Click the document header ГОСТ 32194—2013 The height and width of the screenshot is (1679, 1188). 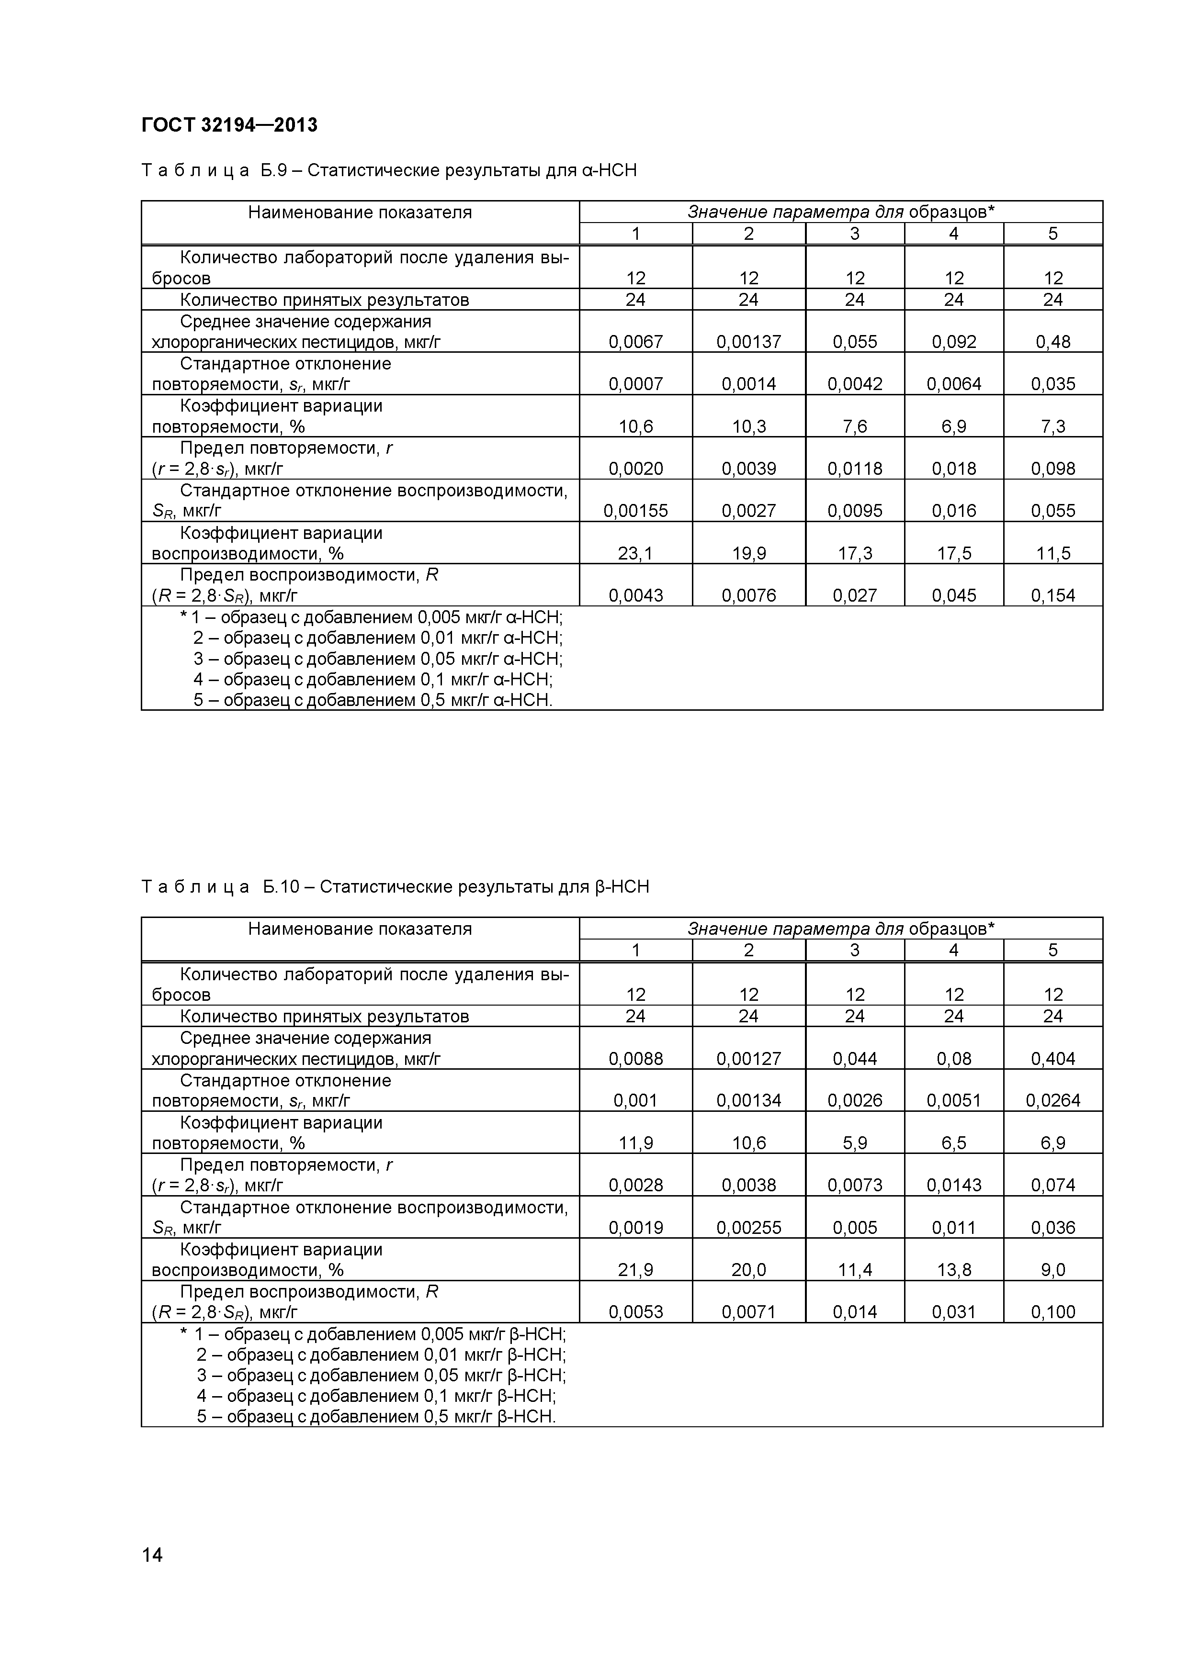[x=229, y=125]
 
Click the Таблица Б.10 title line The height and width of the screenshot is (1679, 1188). [x=395, y=887]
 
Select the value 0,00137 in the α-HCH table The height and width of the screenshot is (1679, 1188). [x=748, y=342]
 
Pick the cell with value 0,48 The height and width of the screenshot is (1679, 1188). [x=1052, y=342]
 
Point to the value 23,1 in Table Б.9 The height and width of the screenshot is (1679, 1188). [x=635, y=554]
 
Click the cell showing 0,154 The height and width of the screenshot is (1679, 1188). [x=1052, y=595]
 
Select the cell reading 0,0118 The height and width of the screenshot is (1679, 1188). [x=854, y=468]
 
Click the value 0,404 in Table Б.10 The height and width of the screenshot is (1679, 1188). [x=1052, y=1058]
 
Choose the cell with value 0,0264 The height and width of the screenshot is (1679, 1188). [x=1052, y=1100]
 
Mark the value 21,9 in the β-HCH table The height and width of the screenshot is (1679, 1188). [x=635, y=1269]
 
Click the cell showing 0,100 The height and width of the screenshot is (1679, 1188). [x=1052, y=1312]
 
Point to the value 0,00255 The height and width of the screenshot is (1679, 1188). [x=748, y=1227]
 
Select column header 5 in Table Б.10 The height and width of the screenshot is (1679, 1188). [x=1052, y=950]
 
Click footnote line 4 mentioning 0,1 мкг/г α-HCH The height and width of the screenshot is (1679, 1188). [x=373, y=679]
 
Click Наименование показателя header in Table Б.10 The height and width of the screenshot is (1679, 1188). [x=360, y=929]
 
